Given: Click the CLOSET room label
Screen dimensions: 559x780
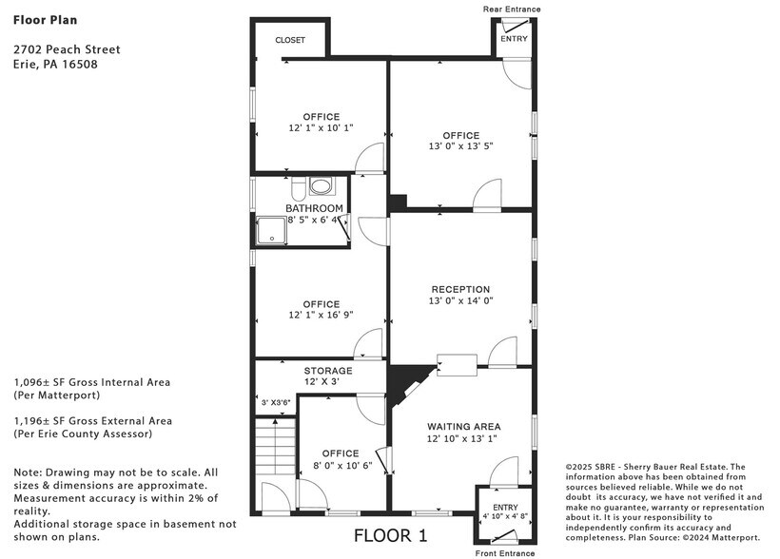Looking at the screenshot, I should pyautogui.click(x=290, y=40).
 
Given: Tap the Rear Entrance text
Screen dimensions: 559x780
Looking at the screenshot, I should pyautogui.click(x=512, y=9).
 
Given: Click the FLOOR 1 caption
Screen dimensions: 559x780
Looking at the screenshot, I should pyautogui.click(x=390, y=536).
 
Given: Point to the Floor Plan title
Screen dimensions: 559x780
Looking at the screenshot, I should pyautogui.click(x=46, y=19).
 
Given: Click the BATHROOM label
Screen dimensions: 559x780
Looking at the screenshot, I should pyautogui.click(x=314, y=208).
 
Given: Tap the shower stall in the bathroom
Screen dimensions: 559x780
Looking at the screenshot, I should pyautogui.click(x=270, y=231).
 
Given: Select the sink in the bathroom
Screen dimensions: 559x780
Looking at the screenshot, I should pyautogui.click(x=322, y=186).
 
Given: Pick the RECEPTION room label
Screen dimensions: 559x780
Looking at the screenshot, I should pyautogui.click(x=460, y=289).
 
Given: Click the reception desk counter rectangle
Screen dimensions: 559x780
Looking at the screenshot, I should pyautogui.click(x=457, y=364).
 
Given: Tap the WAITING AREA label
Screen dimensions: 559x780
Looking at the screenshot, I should pyautogui.click(x=463, y=427).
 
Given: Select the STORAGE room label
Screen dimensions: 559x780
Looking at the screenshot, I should pyautogui.click(x=328, y=371).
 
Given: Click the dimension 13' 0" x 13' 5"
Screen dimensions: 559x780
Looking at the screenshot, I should pyautogui.click(x=460, y=146).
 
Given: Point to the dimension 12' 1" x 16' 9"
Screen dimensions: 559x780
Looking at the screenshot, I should pyautogui.click(x=322, y=315).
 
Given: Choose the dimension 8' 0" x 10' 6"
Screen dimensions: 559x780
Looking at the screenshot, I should pyautogui.click(x=340, y=466).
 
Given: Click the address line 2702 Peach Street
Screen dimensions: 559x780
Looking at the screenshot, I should pyautogui.click(x=67, y=49).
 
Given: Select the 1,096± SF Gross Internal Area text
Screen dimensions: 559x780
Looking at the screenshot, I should pyautogui.click(x=92, y=382).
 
